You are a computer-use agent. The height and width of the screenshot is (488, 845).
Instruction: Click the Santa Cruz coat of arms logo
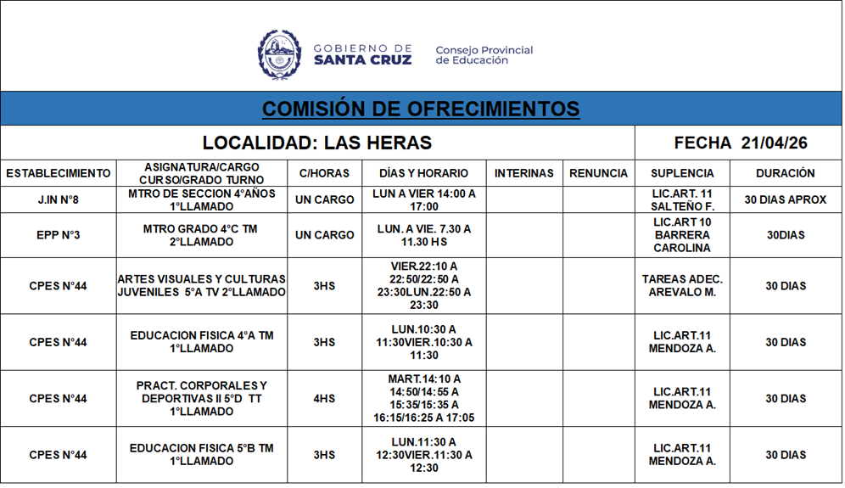click(279, 55)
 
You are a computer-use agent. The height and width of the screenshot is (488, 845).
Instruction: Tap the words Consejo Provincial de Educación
click(484, 55)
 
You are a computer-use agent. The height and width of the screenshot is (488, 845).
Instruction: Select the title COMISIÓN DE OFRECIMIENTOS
click(421, 109)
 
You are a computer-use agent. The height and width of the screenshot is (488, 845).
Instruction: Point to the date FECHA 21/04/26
click(740, 143)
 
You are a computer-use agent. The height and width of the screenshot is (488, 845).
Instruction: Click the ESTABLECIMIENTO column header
click(59, 173)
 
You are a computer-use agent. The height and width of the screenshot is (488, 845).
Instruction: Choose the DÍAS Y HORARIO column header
click(423, 173)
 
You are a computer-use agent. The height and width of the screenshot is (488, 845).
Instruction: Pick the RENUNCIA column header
click(598, 173)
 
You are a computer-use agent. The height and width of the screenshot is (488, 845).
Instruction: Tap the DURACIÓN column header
click(786, 173)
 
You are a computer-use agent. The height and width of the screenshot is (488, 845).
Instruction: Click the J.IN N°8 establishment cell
click(59, 200)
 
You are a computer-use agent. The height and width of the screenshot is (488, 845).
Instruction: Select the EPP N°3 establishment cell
click(59, 235)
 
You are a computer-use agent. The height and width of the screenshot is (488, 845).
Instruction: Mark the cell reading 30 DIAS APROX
click(786, 200)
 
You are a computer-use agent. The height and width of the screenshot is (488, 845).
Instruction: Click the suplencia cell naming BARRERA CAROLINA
click(682, 235)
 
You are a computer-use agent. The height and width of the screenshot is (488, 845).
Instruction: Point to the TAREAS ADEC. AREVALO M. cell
click(682, 286)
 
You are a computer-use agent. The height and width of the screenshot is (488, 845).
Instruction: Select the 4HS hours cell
click(324, 399)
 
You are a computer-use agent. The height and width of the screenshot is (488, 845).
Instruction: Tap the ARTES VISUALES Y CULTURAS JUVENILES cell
click(202, 286)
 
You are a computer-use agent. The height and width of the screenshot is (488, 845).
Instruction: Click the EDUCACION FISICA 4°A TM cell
click(202, 342)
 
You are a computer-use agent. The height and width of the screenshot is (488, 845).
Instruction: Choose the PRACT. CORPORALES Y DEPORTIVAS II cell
click(202, 399)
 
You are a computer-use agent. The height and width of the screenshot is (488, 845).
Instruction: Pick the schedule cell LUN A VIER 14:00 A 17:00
click(423, 200)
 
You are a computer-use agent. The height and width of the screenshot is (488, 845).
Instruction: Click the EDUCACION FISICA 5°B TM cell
click(202, 455)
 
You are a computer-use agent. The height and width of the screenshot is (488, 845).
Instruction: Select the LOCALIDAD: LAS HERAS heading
click(317, 143)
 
